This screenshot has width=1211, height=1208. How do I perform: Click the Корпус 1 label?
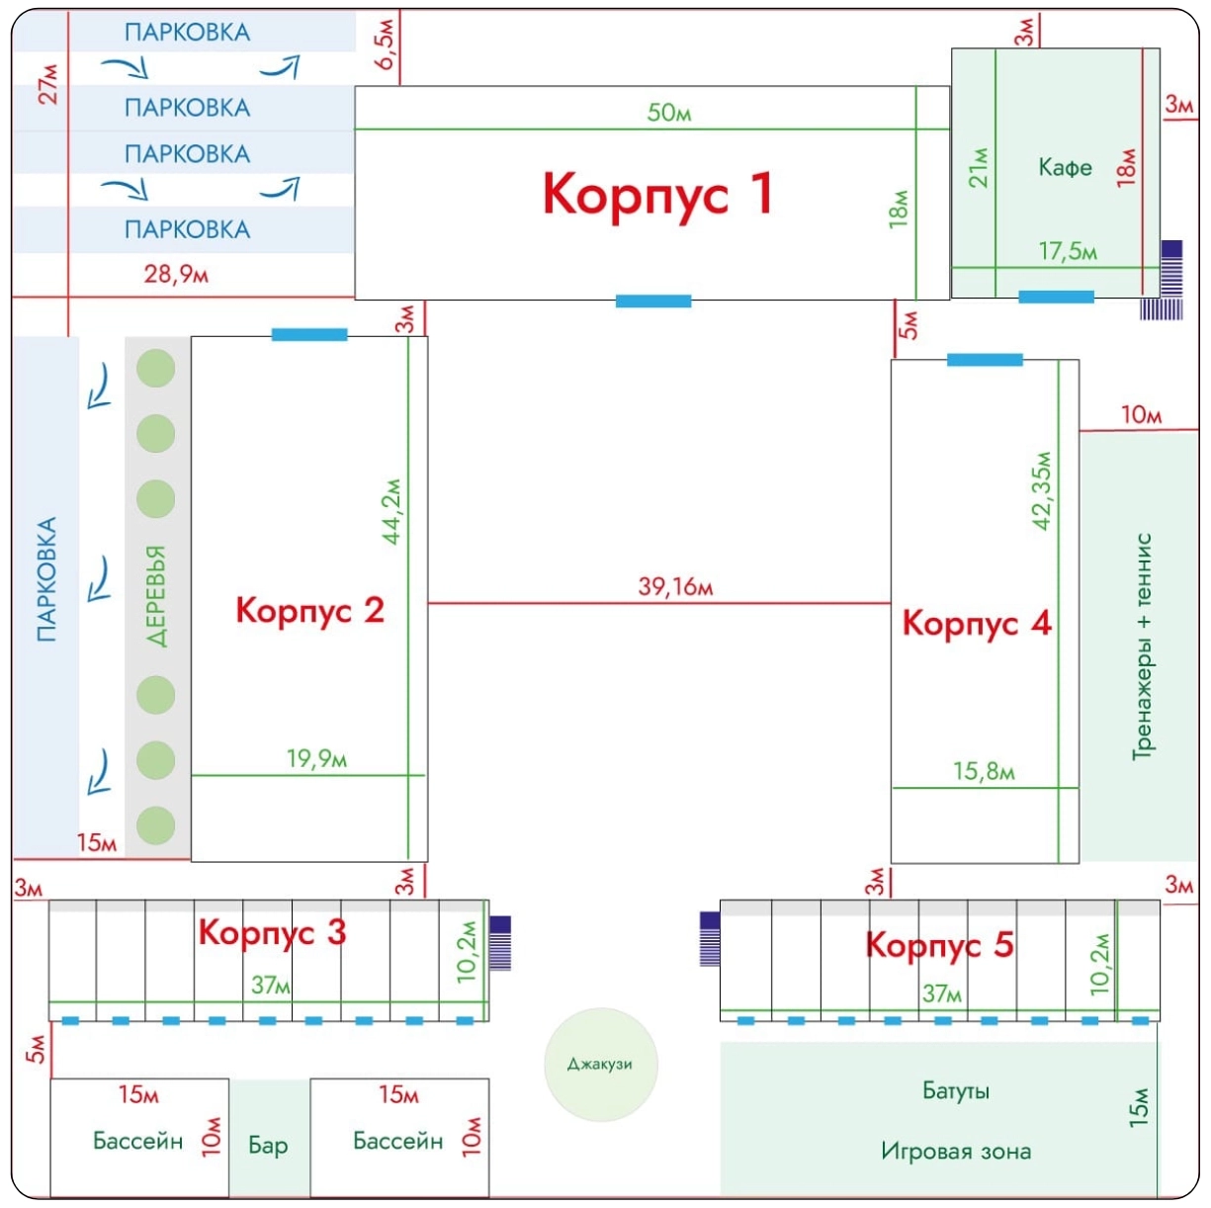pyautogui.click(x=656, y=193)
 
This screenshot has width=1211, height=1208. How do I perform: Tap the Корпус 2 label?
pyautogui.click(x=309, y=610)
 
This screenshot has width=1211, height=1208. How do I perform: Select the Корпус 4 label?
pyautogui.click(x=977, y=624)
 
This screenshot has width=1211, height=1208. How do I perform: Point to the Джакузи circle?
pyautogui.click(x=601, y=1065)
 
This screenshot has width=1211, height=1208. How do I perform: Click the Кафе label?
pyautogui.click(x=1065, y=167)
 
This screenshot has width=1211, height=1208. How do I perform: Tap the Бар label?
pyautogui.click(x=268, y=1145)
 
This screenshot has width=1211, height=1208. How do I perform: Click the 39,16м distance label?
pyautogui.click(x=675, y=586)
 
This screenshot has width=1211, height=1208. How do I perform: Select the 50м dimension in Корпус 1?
pyautogui.click(x=669, y=113)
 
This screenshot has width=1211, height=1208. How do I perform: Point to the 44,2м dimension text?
pyautogui.click(x=392, y=511)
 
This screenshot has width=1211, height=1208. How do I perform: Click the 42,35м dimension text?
pyautogui.click(x=1042, y=491)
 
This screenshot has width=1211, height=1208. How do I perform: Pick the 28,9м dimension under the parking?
pyautogui.click(x=176, y=274)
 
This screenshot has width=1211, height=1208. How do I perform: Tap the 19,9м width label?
pyautogui.click(x=316, y=758)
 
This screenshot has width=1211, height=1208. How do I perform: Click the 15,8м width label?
pyautogui.click(x=984, y=771)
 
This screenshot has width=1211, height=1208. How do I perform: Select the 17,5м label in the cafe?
pyautogui.click(x=1068, y=251)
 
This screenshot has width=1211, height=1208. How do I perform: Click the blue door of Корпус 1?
pyautogui.click(x=653, y=301)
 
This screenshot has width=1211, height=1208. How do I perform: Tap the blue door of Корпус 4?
pyautogui.click(x=985, y=360)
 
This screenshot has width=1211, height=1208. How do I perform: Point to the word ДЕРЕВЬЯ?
pyautogui.click(x=156, y=595)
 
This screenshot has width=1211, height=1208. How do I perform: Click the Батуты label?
pyautogui.click(x=956, y=1090)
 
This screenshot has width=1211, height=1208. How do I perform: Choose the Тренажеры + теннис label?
pyautogui.click(x=1143, y=647)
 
